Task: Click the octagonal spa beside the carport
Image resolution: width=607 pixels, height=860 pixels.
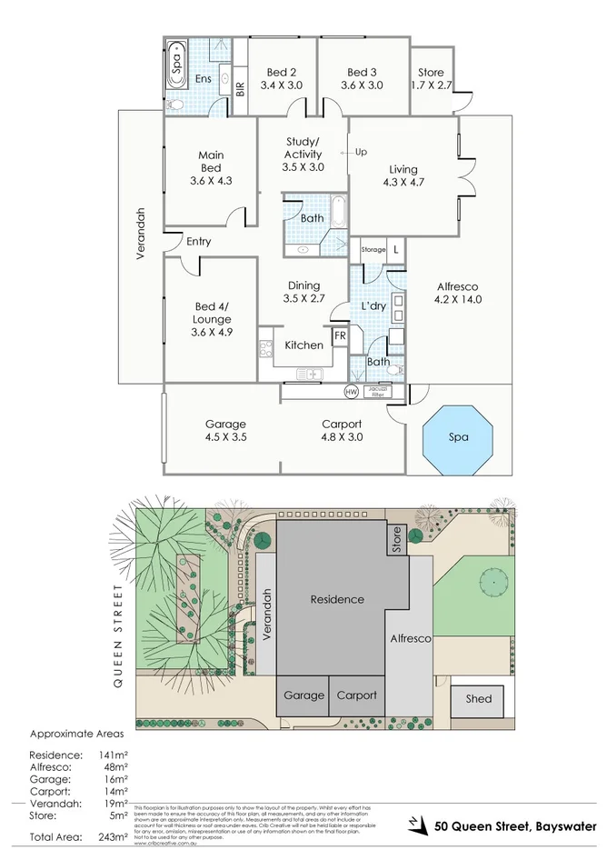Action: click(x=459, y=437)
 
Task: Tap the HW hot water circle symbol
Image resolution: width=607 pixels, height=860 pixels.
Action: click(x=351, y=392)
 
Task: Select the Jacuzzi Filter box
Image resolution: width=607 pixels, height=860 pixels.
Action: click(x=377, y=392)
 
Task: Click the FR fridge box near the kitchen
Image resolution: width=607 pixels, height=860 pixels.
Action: click(x=340, y=335)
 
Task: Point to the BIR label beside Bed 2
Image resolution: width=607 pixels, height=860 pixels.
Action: click(x=240, y=88)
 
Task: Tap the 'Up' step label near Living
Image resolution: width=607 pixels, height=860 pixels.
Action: click(x=360, y=152)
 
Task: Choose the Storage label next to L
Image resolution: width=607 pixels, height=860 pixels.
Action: click(x=373, y=249)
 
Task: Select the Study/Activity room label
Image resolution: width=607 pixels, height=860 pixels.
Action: click(x=303, y=147)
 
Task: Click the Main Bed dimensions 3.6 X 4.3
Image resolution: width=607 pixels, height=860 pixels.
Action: click(x=211, y=180)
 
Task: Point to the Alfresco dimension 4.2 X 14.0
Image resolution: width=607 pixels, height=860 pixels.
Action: click(x=457, y=299)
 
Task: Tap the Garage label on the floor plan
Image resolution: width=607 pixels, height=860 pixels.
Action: click(x=225, y=424)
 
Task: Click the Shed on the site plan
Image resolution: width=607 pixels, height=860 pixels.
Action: click(x=479, y=698)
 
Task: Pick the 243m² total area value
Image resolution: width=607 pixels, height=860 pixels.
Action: click(x=111, y=836)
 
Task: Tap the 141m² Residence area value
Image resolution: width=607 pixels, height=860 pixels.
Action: click(x=111, y=755)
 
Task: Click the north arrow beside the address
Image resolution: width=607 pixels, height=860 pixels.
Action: click(x=417, y=825)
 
